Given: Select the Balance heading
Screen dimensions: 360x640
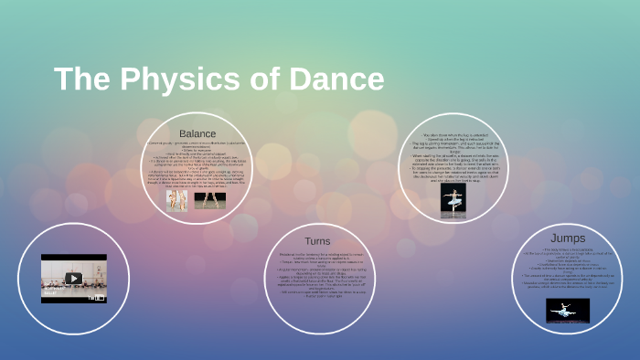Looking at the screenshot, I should (x=197, y=133).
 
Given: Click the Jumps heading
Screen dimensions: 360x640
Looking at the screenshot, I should (x=568, y=238).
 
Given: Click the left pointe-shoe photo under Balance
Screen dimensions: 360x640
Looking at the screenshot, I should (x=176, y=201).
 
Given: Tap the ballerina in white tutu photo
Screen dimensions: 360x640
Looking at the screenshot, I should (x=453, y=200).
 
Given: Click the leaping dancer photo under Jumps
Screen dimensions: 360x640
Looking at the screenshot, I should (x=568, y=311).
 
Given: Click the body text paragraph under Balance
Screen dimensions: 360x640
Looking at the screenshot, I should (x=197, y=164).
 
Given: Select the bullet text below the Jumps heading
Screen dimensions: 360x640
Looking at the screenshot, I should (x=568, y=270).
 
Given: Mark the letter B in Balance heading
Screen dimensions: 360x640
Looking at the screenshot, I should (x=183, y=133).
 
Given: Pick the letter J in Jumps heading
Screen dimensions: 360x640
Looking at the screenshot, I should (x=552, y=238).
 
